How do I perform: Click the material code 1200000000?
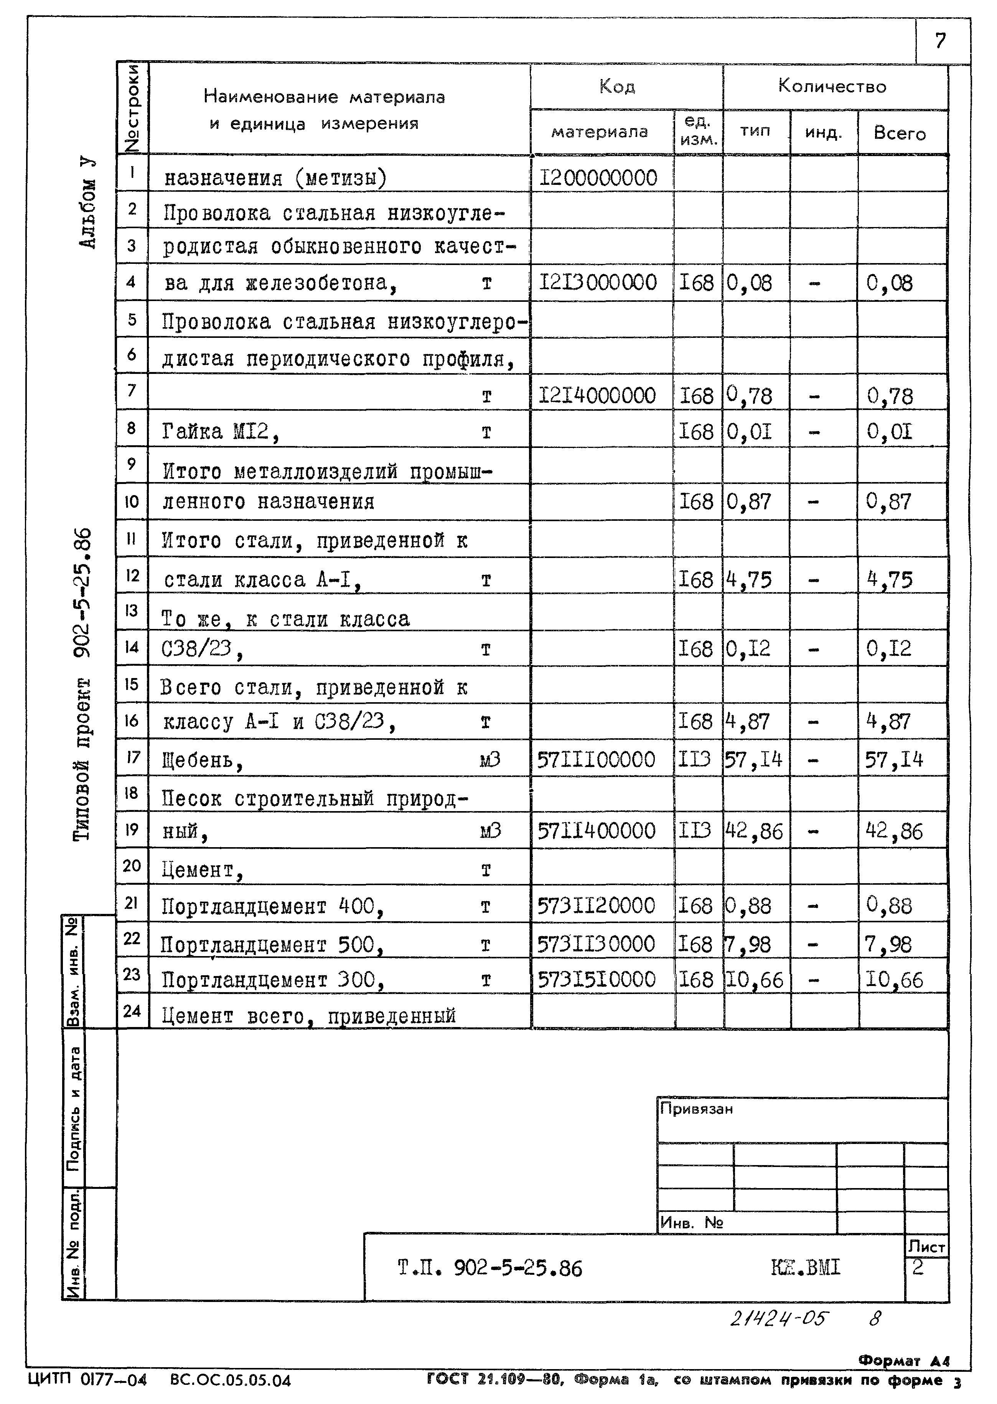(598, 178)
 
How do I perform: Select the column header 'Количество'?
(832, 86)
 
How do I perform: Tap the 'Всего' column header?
(900, 133)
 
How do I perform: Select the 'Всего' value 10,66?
(894, 979)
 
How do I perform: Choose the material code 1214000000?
(597, 395)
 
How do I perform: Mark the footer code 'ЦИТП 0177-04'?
(88, 1380)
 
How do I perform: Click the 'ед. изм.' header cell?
(699, 131)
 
